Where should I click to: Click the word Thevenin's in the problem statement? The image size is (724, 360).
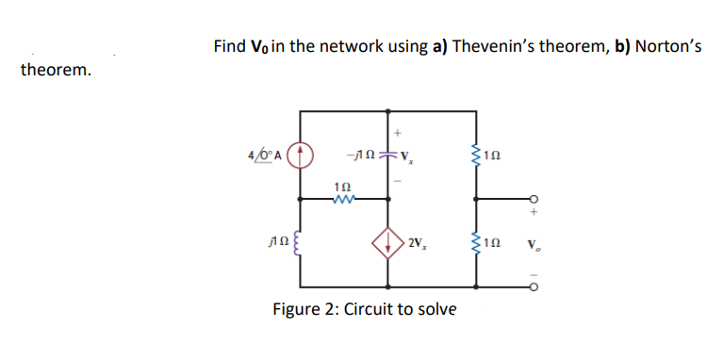click(493, 46)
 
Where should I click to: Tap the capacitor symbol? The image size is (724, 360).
click(387, 155)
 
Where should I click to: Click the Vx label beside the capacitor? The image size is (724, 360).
click(409, 155)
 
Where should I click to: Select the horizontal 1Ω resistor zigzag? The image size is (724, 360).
click(344, 199)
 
